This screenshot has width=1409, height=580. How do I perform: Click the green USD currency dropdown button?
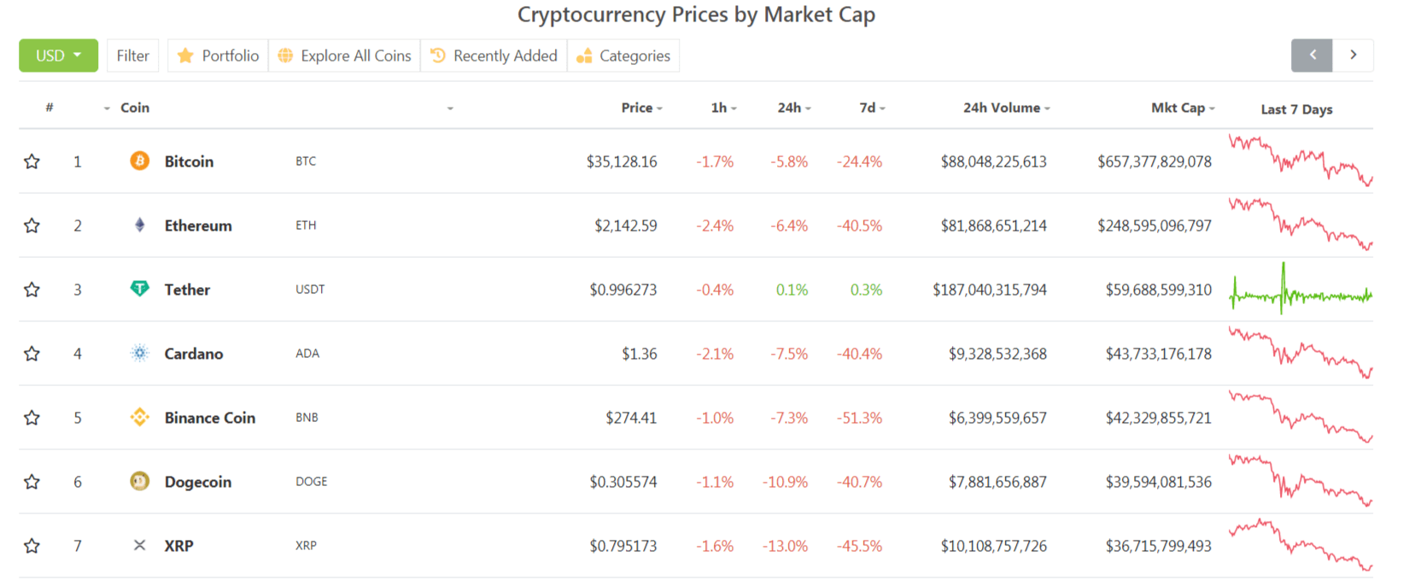58,56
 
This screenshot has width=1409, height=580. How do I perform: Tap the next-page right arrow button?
1353,56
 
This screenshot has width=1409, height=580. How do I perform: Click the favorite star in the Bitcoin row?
32,161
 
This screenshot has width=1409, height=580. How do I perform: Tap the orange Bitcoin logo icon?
139,161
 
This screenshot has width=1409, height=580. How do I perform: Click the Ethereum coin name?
198,226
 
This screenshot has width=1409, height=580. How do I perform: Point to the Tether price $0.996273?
623,290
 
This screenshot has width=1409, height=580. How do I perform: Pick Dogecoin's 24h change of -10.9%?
785,482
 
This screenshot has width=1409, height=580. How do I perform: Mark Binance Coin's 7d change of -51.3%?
859,418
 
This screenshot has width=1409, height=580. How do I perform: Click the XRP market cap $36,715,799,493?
1158,546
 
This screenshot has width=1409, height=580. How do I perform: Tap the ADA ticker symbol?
307,354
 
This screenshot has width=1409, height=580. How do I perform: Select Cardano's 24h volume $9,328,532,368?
997,354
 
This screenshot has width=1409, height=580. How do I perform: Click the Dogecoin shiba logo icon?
139,481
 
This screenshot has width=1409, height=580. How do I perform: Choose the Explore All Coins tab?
345,56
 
